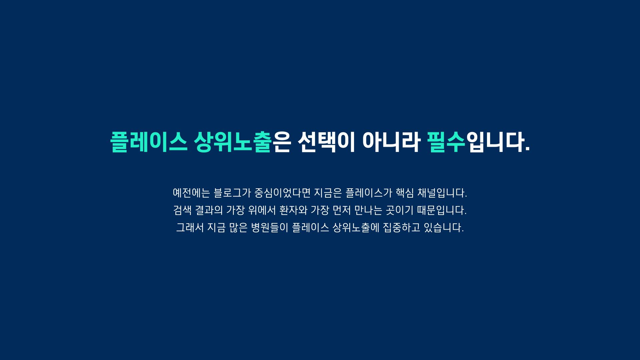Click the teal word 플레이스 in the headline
[149, 142]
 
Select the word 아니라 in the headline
[391, 142]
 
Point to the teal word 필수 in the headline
[446, 142]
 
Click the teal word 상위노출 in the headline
[232, 142]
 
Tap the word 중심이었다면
[282, 193]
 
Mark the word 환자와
[293, 210]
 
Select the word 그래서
[190, 228]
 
